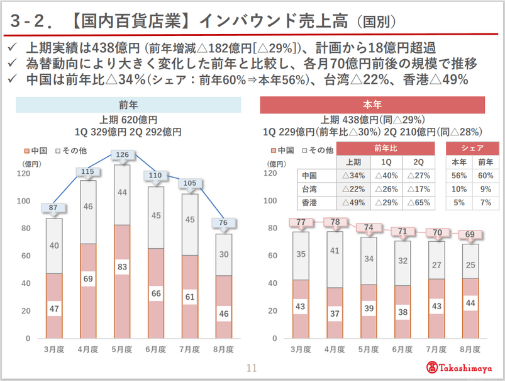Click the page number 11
click(x=252, y=368)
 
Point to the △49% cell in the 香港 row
click(x=353, y=203)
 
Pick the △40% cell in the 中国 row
click(x=386, y=175)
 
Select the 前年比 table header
click(x=386, y=148)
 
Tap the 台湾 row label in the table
click(x=309, y=189)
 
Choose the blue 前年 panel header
click(x=128, y=105)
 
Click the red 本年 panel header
click(x=372, y=105)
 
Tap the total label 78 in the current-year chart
click(x=335, y=222)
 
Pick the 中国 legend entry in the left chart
click(x=37, y=151)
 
